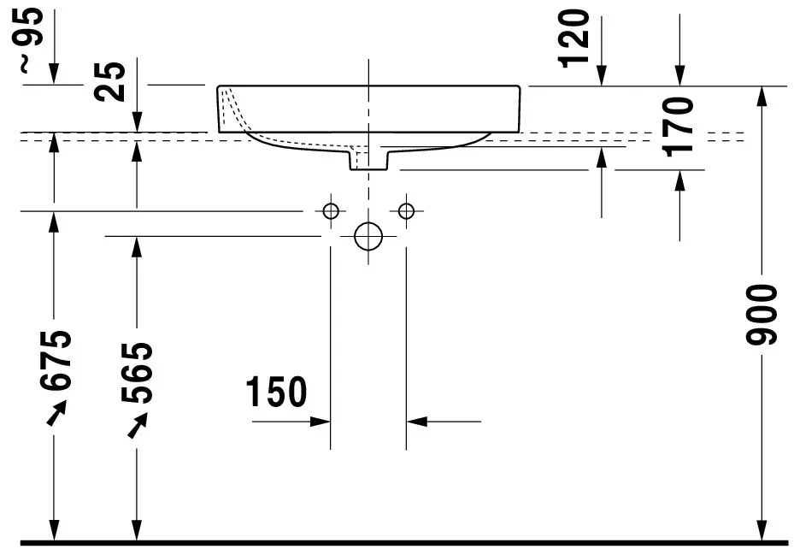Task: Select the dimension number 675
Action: (x=57, y=360)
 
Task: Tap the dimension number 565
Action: (x=138, y=372)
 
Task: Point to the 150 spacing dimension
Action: (x=275, y=393)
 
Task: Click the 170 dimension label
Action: (x=679, y=126)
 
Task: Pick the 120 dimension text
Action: (x=574, y=37)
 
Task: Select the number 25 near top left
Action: (x=110, y=81)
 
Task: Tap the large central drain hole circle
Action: (x=368, y=236)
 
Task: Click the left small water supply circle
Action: (x=331, y=210)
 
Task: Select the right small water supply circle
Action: (x=406, y=210)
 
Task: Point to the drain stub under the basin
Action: (x=368, y=158)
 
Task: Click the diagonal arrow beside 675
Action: (x=56, y=414)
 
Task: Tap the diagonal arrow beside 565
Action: (x=137, y=424)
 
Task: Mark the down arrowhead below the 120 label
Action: (x=602, y=76)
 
